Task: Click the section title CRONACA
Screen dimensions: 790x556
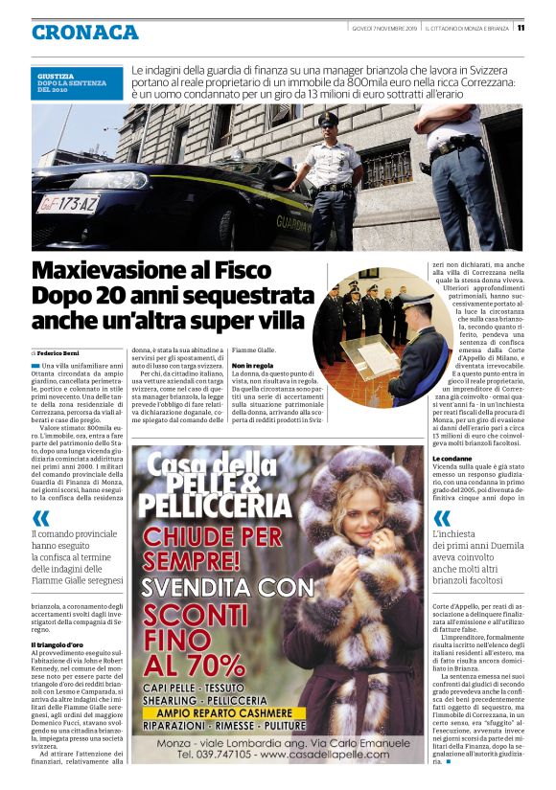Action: pos(85,32)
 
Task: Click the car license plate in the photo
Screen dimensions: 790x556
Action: pos(68,203)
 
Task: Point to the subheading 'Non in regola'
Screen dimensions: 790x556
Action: pos(252,366)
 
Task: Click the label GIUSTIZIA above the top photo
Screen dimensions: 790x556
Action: pos(55,74)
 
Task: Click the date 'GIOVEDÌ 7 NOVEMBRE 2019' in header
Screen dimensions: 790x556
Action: pos(383,27)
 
